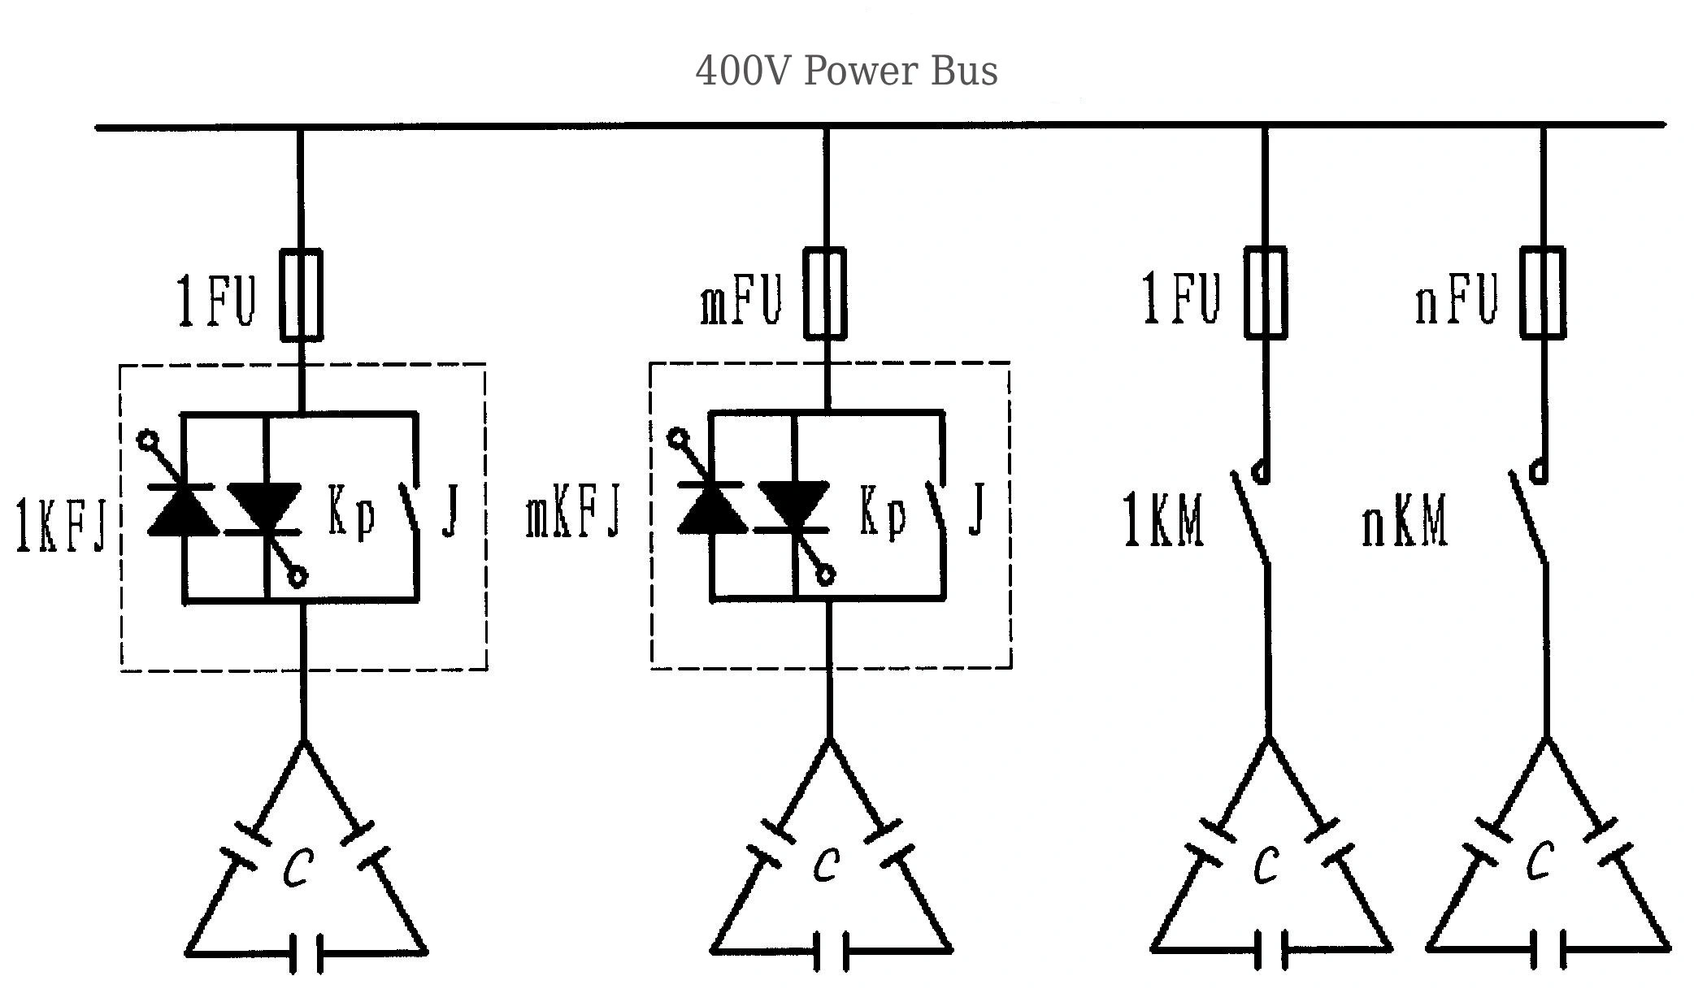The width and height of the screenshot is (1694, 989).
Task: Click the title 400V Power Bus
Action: point(846,71)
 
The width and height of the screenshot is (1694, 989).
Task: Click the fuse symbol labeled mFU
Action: point(825,293)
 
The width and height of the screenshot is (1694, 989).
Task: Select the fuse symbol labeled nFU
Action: point(1542,293)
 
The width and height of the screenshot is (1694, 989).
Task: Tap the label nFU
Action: point(1456,299)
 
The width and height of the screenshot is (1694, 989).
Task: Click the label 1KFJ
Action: point(61,526)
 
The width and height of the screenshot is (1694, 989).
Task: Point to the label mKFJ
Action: point(573,512)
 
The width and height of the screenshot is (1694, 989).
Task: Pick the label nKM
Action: point(1405,522)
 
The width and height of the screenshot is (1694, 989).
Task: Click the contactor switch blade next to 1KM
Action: point(1250,518)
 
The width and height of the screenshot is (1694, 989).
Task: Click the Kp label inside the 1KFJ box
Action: point(351,512)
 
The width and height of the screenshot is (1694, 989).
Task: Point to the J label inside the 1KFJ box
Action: point(451,510)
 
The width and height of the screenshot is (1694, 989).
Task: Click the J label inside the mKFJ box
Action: point(978,510)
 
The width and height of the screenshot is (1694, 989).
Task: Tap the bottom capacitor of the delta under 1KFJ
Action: point(306,952)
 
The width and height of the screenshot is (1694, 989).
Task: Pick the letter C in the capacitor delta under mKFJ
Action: point(827,865)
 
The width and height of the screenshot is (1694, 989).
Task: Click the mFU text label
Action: point(741,300)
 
